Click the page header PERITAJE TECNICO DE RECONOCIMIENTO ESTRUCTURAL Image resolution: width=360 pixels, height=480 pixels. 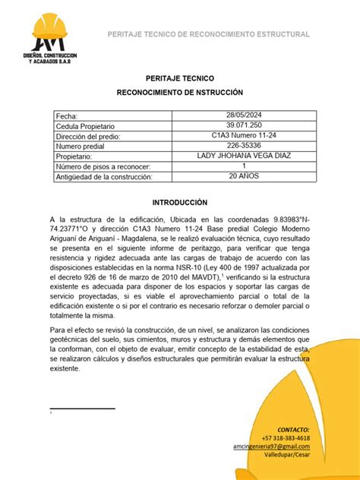pos(208,35)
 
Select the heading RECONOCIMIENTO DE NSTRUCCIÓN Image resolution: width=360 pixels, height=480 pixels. pos(179,91)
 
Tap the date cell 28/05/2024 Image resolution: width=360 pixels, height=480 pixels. pos(243,115)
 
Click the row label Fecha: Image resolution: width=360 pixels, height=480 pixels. pos(67,115)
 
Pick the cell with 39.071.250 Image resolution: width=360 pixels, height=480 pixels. pos(243,125)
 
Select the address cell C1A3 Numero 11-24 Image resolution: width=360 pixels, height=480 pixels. pos(243,135)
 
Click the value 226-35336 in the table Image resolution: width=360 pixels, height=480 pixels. pos(243,145)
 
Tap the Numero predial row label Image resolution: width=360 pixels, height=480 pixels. pos(82,146)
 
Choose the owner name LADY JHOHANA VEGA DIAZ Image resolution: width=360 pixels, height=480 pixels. pos(243,156)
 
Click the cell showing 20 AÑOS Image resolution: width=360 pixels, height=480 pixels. pos(243,175)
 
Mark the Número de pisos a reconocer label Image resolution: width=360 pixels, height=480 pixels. pos(103,166)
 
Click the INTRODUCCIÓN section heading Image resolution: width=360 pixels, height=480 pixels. pos(179,204)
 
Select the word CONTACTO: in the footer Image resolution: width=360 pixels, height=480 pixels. pos(293,429)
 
